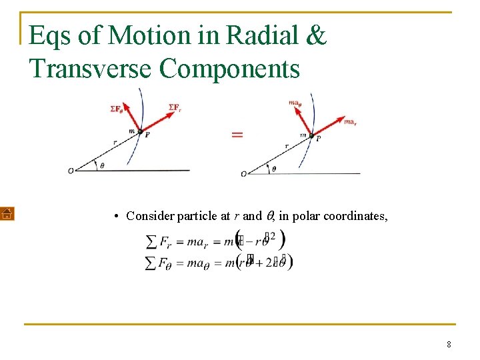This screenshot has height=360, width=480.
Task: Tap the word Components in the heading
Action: pyautogui.click(x=231, y=69)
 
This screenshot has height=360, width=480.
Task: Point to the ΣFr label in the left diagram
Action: pyautogui.click(x=175, y=107)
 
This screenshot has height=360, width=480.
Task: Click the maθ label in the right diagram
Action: pyautogui.click(x=296, y=103)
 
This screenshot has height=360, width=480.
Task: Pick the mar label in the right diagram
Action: pyautogui.click(x=351, y=121)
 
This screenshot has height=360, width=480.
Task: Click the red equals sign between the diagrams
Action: pyautogui.click(x=237, y=135)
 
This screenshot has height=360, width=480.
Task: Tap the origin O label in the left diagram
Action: pyautogui.click(x=71, y=171)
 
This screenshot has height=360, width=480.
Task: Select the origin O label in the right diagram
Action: pyautogui.click(x=243, y=174)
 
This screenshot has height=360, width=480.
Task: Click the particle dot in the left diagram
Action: pyautogui.click(x=140, y=133)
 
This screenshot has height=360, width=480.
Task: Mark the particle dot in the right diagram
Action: pyautogui.click(x=311, y=136)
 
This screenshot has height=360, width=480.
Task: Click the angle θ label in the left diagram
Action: pyautogui.click(x=101, y=165)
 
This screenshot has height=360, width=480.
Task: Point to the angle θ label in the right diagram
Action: pyautogui.click(x=273, y=169)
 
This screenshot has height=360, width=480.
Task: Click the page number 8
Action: pyautogui.click(x=449, y=345)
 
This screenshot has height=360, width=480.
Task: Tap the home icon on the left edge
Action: pyautogui.click(x=6, y=214)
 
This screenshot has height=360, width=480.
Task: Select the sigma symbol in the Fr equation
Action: pyautogui.click(x=151, y=242)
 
